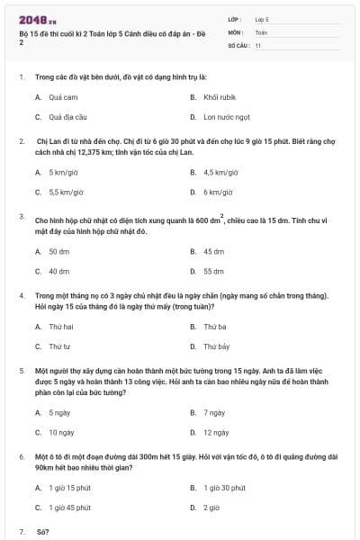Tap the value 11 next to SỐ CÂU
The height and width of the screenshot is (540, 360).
[x=258, y=44]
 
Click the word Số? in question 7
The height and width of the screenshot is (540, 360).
[x=42, y=532]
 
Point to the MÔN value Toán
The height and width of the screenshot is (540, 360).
[x=260, y=31]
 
